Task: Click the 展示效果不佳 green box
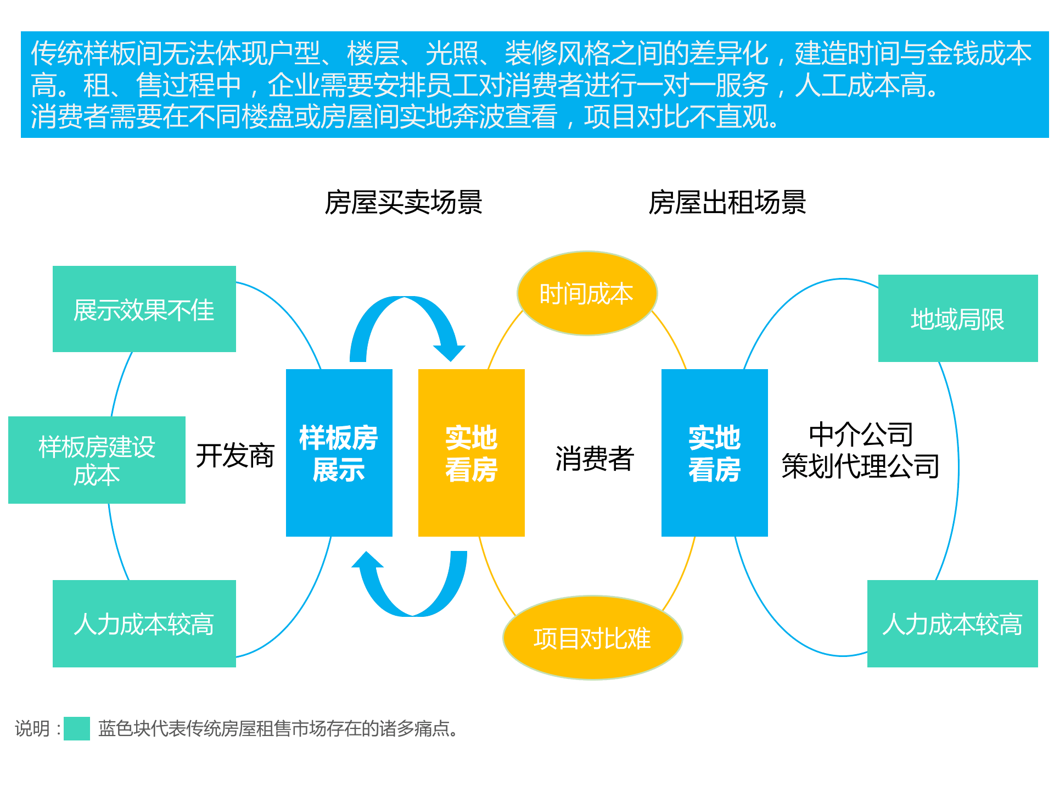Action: click(144, 309)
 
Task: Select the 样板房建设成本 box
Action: click(97, 460)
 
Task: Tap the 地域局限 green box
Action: click(957, 319)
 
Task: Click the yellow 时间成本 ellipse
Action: click(587, 293)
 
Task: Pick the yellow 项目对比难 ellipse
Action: click(592, 638)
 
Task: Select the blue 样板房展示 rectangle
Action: click(339, 453)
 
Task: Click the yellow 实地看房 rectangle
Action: click(471, 453)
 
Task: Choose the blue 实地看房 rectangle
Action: click(714, 453)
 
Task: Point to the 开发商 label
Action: click(235, 455)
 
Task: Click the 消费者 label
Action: click(595, 458)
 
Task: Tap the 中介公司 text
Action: click(861, 435)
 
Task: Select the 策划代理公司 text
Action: click(860, 466)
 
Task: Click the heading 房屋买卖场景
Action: click(403, 202)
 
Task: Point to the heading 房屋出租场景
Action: click(727, 202)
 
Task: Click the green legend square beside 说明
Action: click(77, 728)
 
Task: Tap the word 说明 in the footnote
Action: click(32, 729)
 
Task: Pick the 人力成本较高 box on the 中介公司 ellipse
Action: click(952, 624)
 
